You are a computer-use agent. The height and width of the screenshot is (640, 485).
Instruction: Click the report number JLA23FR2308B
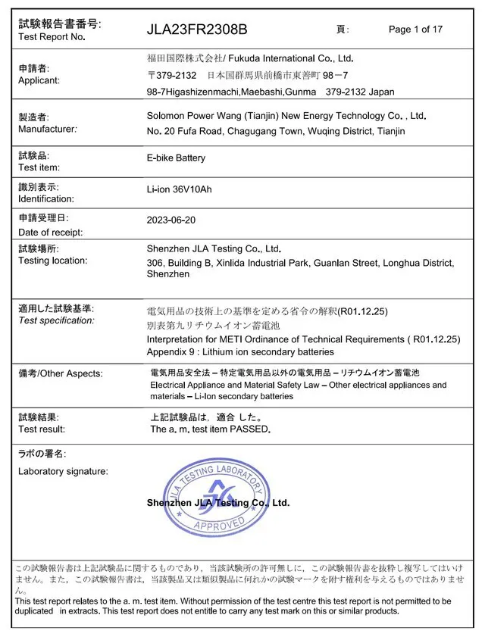click(197, 30)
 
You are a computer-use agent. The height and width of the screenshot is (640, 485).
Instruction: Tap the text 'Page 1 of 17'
click(415, 30)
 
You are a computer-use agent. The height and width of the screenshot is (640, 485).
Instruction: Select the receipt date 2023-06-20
click(171, 220)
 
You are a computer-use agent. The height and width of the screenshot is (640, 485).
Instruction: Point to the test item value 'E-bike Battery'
click(176, 158)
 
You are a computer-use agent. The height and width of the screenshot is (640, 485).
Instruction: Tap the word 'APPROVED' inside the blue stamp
click(220, 523)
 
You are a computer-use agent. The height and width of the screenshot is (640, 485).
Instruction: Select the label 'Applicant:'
click(39, 80)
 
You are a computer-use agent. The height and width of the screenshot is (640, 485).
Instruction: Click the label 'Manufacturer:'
click(48, 129)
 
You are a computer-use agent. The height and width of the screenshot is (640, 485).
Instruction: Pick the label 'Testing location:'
click(53, 261)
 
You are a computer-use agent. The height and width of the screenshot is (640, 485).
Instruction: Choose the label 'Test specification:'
click(57, 320)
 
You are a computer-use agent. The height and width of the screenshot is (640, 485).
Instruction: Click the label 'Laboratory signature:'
click(63, 471)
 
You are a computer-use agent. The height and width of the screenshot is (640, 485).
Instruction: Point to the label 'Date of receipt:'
click(51, 233)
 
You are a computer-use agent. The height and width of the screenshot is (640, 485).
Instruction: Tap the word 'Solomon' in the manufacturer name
click(166, 117)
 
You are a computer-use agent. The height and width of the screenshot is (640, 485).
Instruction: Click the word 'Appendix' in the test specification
click(167, 351)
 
